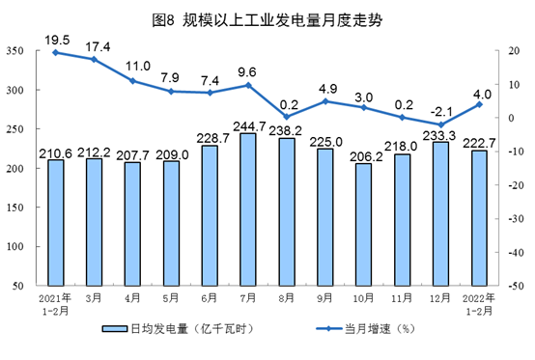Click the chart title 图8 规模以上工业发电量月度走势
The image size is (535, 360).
(x=267, y=16)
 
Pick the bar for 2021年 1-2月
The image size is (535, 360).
(x=57, y=222)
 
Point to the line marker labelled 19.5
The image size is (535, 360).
(x=57, y=51)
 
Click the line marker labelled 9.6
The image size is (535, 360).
(x=247, y=85)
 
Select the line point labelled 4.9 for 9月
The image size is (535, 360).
(x=324, y=100)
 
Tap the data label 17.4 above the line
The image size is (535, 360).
(x=95, y=46)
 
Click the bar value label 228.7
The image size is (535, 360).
(x=210, y=139)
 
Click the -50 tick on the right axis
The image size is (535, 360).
(x=519, y=287)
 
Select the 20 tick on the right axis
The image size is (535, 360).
(x=515, y=51)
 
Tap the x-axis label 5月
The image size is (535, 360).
(x=171, y=298)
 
